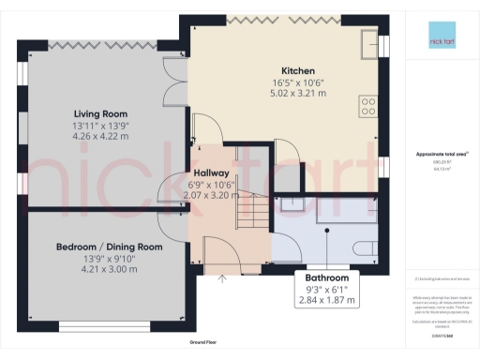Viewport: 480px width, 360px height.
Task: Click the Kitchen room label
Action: pyautogui.click(x=282, y=70)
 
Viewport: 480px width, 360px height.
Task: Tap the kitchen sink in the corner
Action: pyautogui.click(x=368, y=42)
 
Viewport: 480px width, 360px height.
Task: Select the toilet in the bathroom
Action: pyautogui.click(x=368, y=247)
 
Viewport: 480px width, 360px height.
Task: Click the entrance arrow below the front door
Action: pyautogui.click(x=222, y=277)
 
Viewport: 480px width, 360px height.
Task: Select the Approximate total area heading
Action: pyautogui.click(x=442, y=155)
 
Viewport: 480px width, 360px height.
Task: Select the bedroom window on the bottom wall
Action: pyautogui.click(x=100, y=327)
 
